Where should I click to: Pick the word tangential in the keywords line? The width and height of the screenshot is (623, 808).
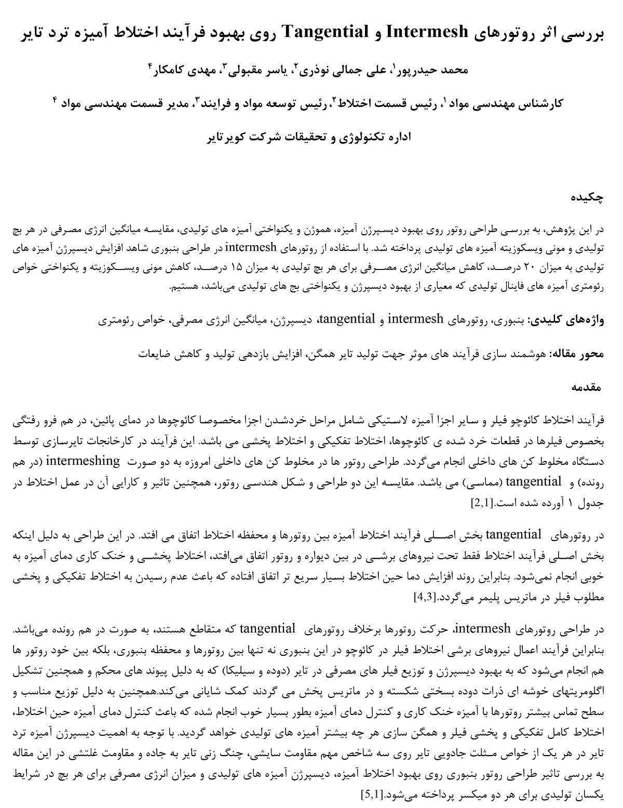tap(347, 319)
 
